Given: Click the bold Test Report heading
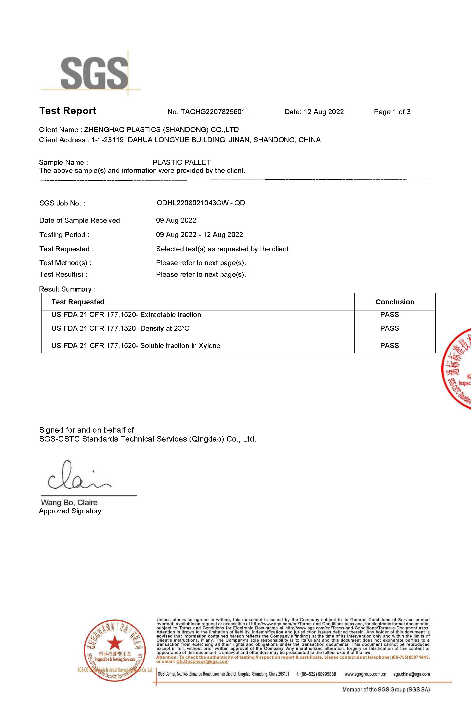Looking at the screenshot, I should tap(68, 111).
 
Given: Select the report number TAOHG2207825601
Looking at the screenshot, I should tap(213, 112).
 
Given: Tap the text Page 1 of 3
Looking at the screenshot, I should tap(392, 112).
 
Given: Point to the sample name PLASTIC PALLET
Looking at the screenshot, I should tap(182, 162).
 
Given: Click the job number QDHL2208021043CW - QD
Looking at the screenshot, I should tap(201, 203).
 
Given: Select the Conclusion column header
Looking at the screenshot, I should tap(395, 302).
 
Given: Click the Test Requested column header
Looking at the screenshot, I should tap(78, 302).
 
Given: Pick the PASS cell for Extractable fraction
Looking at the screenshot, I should tap(390, 315).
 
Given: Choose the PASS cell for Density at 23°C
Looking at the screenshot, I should tap(390, 328).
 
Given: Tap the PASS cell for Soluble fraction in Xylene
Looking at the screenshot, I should tap(390, 346).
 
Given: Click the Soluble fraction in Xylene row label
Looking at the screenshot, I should tap(136, 346).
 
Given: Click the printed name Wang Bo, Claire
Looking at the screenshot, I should tap(69, 503).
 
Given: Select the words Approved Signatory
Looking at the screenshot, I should tap(70, 511).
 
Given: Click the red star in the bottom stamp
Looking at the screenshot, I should tap(115, 643).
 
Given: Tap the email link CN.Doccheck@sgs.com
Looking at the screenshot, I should tap(202, 661).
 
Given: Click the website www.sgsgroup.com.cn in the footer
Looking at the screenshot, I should tap(365, 674).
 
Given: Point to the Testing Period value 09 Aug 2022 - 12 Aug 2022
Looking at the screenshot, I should tap(200, 235).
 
